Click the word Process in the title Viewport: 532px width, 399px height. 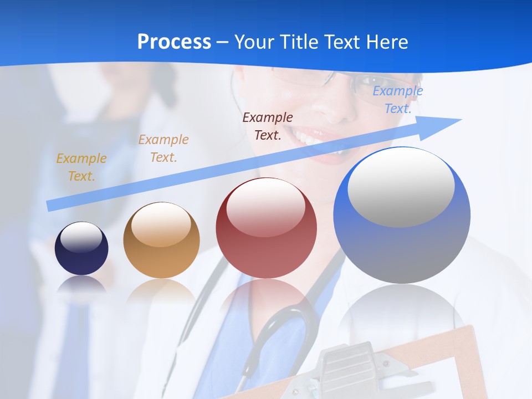(174, 42)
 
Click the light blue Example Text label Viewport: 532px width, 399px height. (397, 100)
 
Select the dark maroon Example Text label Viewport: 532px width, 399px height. (268, 126)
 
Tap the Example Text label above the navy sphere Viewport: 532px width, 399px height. (81, 167)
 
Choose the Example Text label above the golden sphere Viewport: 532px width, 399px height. (163, 148)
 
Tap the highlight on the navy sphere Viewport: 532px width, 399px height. (81, 237)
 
